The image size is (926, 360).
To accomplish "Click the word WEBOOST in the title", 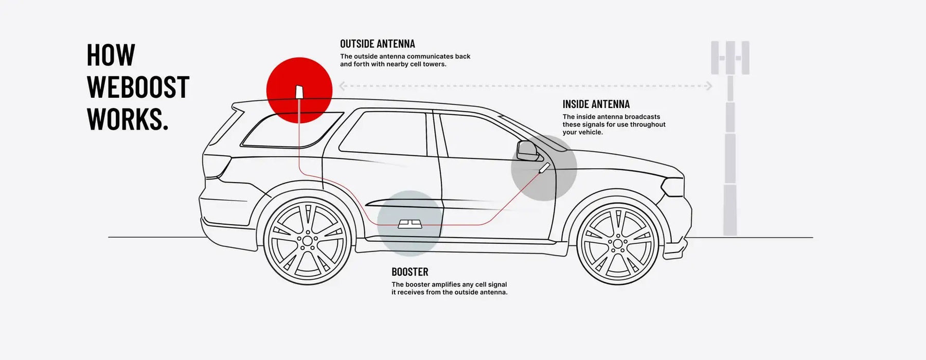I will coord(138,87).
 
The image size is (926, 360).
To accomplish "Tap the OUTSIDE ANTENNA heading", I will coord(377,44).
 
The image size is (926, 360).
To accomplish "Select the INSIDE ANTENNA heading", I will coord(596,104).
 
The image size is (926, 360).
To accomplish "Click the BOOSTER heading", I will coord(409,272).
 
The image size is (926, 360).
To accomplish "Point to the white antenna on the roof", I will coord(299,92).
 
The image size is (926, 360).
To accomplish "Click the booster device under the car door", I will coord(410,224).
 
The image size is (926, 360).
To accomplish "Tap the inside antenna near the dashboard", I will coord(544,167).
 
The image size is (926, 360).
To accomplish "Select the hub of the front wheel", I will coord(617,242).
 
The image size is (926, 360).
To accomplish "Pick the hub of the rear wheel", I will coord(307,240).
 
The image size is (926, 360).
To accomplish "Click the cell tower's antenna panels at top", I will coord(729,58).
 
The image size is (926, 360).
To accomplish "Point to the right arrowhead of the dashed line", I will coord(709,86).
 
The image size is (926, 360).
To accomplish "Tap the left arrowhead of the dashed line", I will coord(342,86).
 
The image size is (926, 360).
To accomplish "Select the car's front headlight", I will coord(672,186).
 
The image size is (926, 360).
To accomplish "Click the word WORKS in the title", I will coord(128,119).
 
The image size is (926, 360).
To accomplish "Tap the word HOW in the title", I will coord(111,55).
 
